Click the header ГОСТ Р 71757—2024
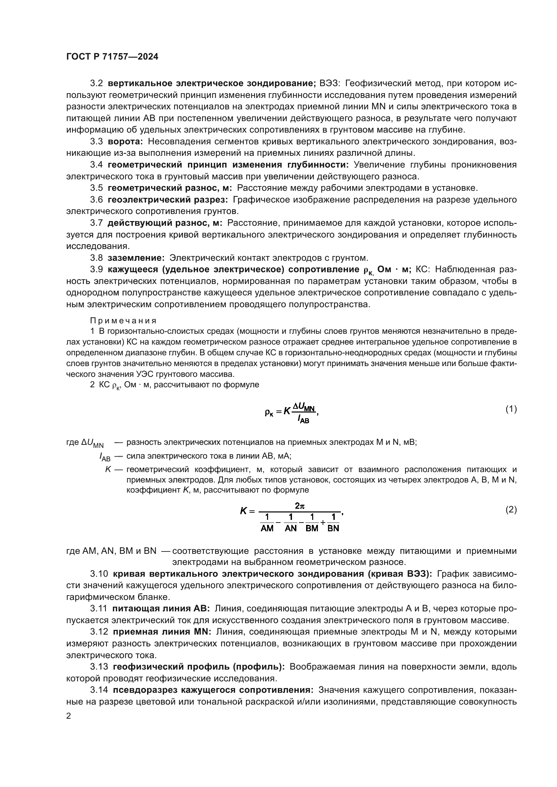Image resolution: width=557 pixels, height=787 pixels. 112,57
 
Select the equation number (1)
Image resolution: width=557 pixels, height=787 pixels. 511,409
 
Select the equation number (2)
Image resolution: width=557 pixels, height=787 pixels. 511,510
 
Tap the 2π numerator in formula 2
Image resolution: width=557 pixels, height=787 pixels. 299,505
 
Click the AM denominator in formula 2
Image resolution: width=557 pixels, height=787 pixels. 267,528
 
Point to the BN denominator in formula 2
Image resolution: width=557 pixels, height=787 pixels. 333,528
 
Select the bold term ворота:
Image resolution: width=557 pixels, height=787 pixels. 125,142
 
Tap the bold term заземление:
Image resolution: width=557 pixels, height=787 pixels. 136,258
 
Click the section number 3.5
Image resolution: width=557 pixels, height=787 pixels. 96,188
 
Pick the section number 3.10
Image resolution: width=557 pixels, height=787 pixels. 99,574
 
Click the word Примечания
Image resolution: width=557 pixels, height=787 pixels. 123,321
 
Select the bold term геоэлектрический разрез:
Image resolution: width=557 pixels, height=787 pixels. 168,200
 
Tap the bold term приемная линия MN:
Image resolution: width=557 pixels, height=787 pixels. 162,632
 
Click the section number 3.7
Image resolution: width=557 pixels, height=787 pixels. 96,223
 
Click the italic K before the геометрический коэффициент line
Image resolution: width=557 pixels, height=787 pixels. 108,469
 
